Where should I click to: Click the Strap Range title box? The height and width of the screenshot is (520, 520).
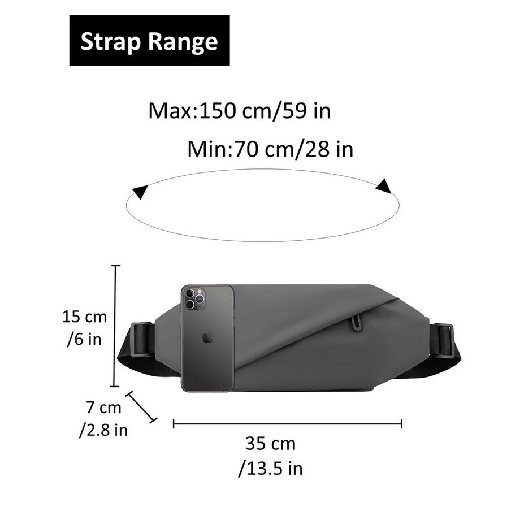[x=149, y=41]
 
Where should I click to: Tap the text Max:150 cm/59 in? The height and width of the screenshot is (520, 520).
[x=240, y=111]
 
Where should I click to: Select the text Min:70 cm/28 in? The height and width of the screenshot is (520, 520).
[x=270, y=149]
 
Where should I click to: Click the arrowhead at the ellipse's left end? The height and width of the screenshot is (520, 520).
[x=140, y=192]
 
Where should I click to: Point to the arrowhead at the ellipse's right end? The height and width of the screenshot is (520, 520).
[x=384, y=186]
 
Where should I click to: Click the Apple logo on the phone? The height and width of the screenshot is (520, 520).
[x=207, y=337]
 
